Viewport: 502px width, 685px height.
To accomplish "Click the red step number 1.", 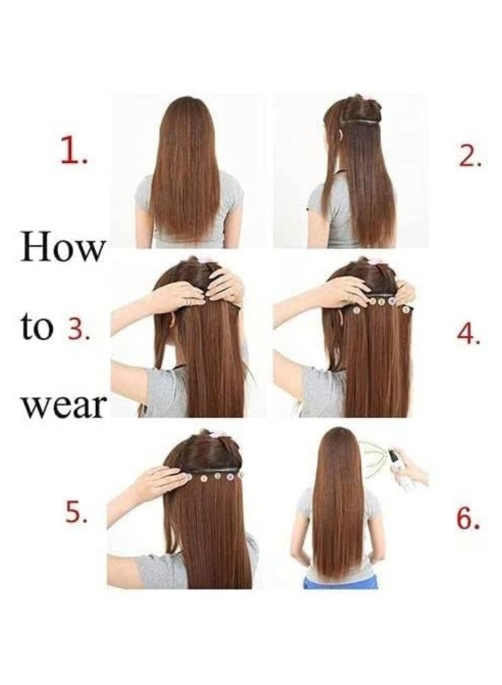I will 73,153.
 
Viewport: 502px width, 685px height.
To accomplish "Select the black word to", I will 38,328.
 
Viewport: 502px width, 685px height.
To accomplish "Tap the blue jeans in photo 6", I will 339,582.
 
